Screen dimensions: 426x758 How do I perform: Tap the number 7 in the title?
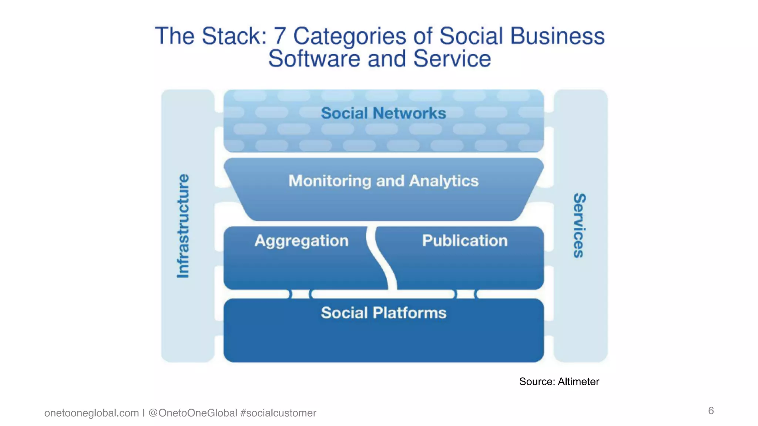(x=279, y=36)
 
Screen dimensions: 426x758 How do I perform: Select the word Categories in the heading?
(x=349, y=36)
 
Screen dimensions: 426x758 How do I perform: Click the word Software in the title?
(x=314, y=59)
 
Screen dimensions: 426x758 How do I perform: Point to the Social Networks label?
(x=383, y=113)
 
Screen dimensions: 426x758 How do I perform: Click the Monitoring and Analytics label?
(x=383, y=181)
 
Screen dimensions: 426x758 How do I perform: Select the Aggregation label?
(x=301, y=241)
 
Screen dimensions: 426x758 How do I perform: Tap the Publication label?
(x=464, y=241)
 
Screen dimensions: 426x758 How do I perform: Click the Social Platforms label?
(x=383, y=313)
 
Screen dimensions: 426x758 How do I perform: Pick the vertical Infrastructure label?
(x=183, y=226)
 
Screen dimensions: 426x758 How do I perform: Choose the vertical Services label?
(x=579, y=226)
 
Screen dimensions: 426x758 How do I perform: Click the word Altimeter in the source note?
(x=578, y=382)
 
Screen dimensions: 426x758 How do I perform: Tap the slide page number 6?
(x=711, y=410)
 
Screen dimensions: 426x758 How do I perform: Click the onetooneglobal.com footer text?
(x=91, y=413)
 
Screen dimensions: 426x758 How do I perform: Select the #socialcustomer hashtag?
(x=278, y=413)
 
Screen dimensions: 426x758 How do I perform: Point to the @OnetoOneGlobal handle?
(x=192, y=413)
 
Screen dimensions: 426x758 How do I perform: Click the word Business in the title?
(x=557, y=36)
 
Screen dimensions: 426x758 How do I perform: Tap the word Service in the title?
(x=452, y=59)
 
